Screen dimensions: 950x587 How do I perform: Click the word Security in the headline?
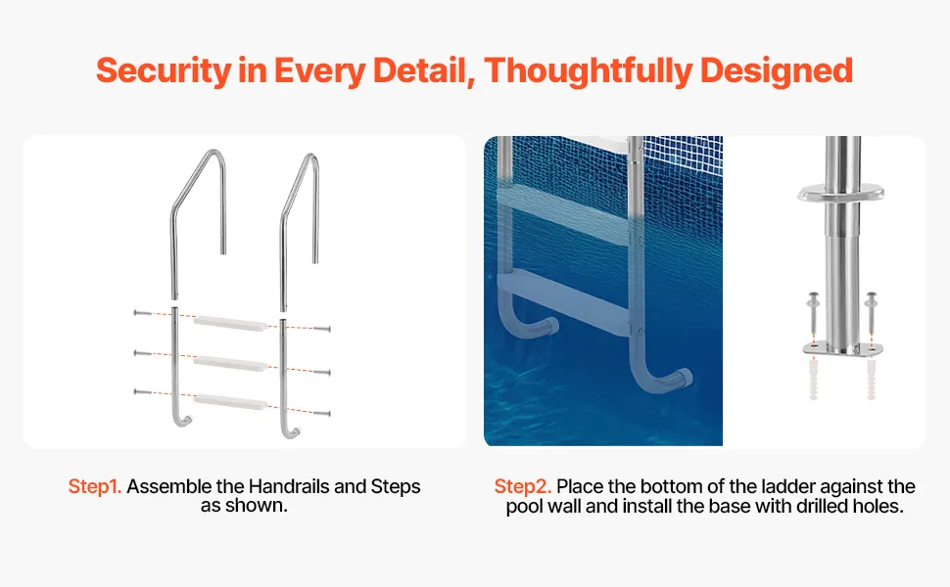pyautogui.click(x=164, y=70)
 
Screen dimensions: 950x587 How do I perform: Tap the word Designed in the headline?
pyautogui.click(x=777, y=70)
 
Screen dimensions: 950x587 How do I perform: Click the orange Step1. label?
pyautogui.click(x=95, y=486)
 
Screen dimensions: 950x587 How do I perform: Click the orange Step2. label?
pyautogui.click(x=522, y=486)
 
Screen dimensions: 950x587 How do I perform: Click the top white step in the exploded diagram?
pyautogui.click(x=230, y=323)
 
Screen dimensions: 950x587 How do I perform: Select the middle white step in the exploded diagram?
pyautogui.click(x=230, y=363)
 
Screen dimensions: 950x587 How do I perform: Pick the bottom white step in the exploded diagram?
pyautogui.click(x=230, y=402)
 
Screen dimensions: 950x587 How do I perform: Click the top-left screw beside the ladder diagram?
pyautogui.click(x=143, y=313)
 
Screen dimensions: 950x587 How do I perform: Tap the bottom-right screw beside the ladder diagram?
pyautogui.click(x=321, y=414)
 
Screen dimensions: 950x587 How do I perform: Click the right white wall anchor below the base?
pyautogui.click(x=872, y=380)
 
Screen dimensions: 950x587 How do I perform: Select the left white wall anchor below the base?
pyautogui.click(x=813, y=380)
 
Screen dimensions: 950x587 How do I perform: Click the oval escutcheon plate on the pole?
pyautogui.click(x=840, y=193)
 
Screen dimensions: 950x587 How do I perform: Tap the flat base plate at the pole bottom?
pyautogui.click(x=842, y=349)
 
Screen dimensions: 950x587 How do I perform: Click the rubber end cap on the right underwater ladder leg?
pyautogui.click(x=684, y=378)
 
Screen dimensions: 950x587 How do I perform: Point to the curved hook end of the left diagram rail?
pyautogui.click(x=183, y=420)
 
